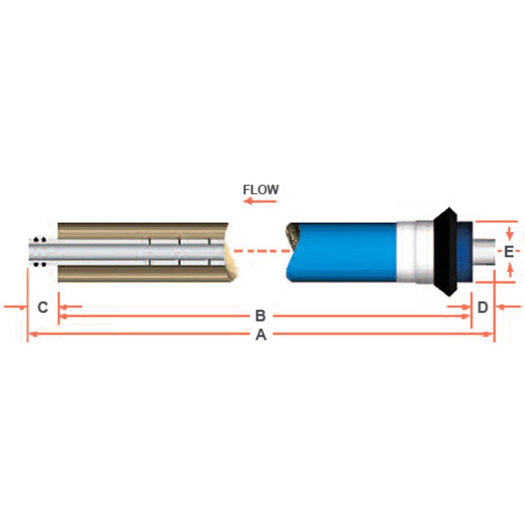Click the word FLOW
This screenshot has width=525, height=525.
click(x=260, y=190)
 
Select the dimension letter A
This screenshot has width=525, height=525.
click(x=261, y=335)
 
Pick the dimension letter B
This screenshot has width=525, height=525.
click(x=260, y=316)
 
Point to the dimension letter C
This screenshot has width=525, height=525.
click(x=43, y=307)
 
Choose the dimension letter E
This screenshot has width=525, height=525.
click(x=508, y=252)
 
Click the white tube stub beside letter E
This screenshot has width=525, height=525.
click(x=486, y=252)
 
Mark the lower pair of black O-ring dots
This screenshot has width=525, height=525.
click(x=36, y=265)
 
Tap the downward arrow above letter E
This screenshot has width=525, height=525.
click(x=508, y=233)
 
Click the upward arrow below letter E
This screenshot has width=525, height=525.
click(x=508, y=270)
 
